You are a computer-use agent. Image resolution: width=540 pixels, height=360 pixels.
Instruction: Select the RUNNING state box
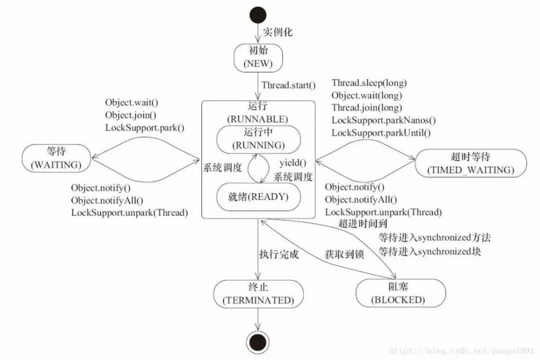pos(259,139)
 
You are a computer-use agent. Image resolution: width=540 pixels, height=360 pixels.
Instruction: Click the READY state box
pos(258,197)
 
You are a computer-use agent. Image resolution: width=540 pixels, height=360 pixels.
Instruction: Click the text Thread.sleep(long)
pos(369,83)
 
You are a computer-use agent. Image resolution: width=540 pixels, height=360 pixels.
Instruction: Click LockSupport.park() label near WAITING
pos(145,128)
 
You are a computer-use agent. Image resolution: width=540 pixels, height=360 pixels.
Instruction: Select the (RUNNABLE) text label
pos(258,119)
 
